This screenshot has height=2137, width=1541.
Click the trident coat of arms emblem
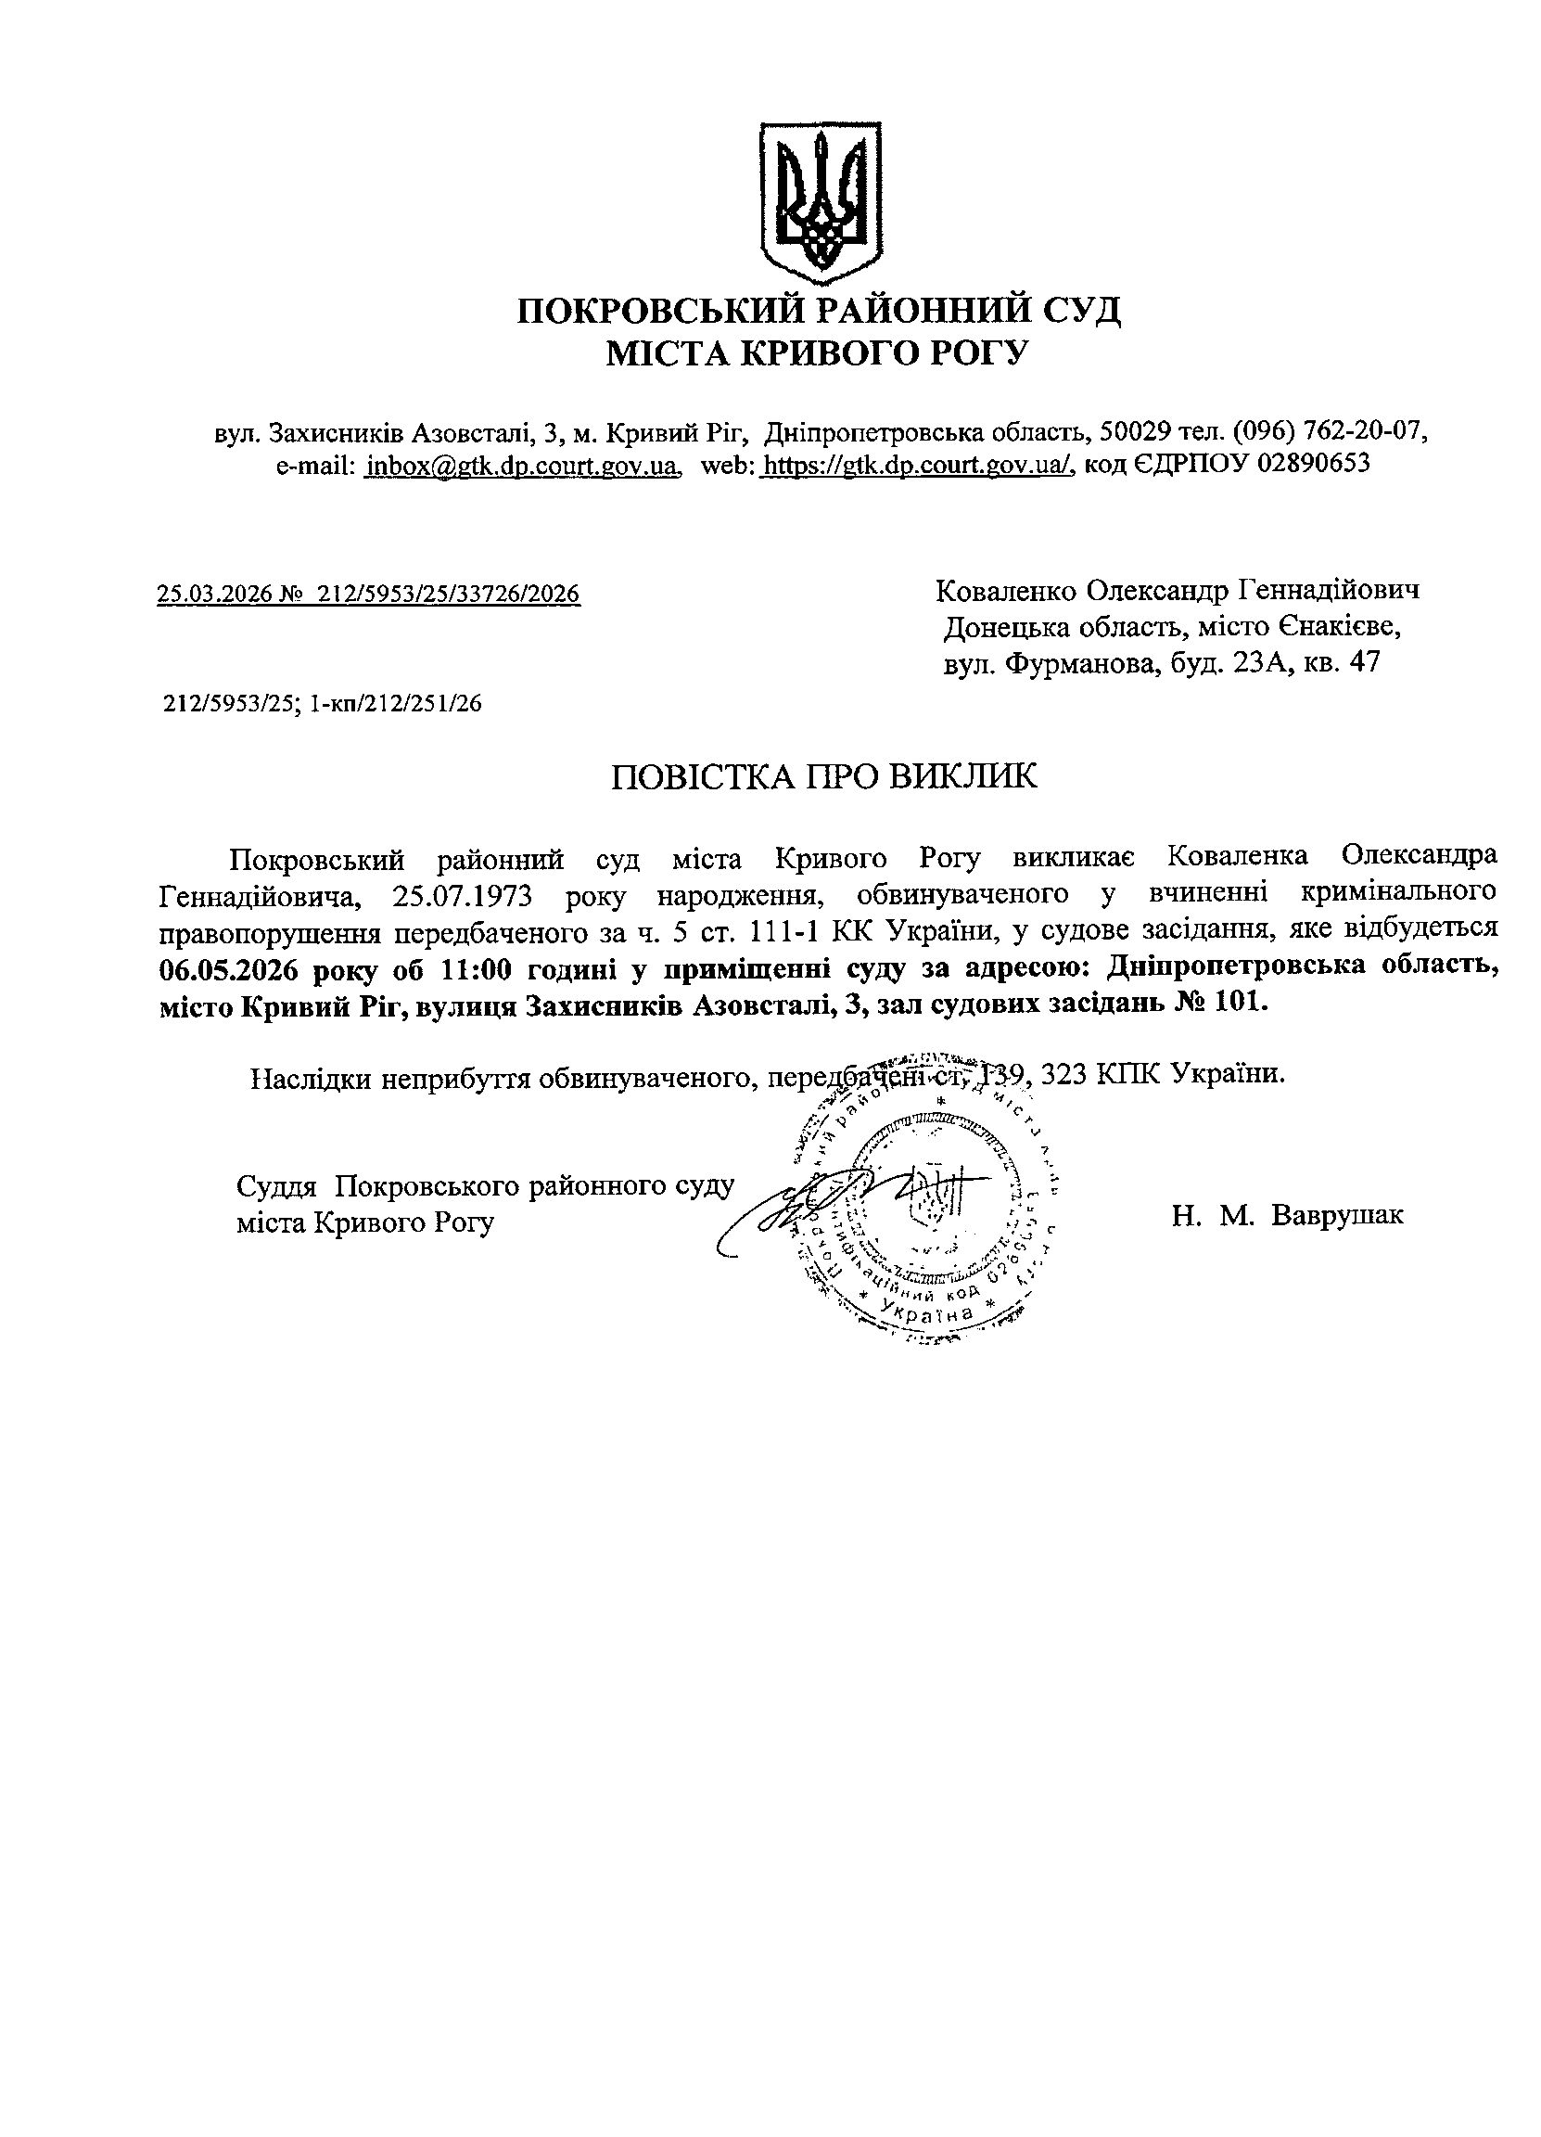point(822,201)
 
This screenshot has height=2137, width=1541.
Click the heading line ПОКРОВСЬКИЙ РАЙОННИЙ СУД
point(819,311)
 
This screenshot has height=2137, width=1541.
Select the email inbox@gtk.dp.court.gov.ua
point(522,464)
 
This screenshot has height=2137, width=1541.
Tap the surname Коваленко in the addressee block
point(1006,591)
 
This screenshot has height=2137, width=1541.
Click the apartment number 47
point(1365,663)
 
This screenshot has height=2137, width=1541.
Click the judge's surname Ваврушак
point(1337,1214)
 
